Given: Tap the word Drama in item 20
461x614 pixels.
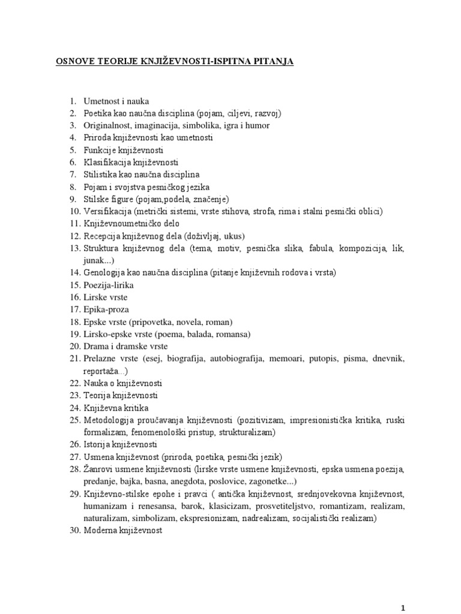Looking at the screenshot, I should pos(96,347).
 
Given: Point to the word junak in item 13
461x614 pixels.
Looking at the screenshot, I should pos(95,260).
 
